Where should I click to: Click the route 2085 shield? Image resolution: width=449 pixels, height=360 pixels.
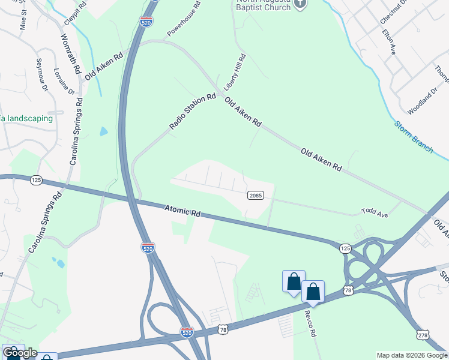click(x=255, y=195)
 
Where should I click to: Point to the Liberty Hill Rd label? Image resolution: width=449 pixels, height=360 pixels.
click(x=236, y=72)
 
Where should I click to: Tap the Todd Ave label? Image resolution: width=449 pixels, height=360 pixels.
click(x=375, y=212)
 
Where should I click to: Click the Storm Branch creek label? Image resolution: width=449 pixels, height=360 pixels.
click(x=414, y=137)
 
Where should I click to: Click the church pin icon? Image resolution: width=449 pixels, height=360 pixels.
click(x=301, y=4)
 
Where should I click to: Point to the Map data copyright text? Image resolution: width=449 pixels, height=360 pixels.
click(x=412, y=355)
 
